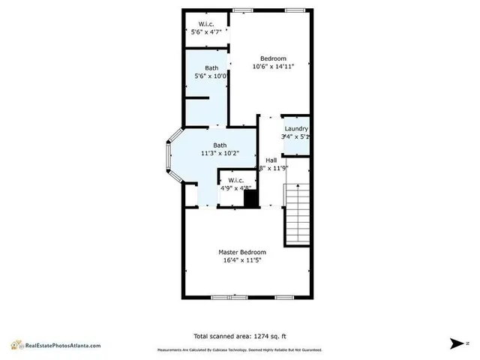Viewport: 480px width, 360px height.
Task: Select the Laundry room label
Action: [295, 129]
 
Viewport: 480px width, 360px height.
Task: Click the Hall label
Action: [271, 160]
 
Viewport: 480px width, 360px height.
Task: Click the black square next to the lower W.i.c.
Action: [251, 199]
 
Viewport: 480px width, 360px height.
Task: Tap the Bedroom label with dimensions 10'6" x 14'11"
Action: [273, 58]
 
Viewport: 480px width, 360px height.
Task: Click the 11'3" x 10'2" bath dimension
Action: [220, 154]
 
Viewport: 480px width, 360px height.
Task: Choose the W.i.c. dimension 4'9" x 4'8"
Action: [234, 188]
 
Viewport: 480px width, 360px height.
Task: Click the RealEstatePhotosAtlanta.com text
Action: [63, 346]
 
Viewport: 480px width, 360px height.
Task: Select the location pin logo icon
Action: [16, 344]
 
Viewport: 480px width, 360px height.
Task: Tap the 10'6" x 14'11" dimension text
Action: [273, 67]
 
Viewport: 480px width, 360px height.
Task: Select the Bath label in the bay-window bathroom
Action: [220, 145]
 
